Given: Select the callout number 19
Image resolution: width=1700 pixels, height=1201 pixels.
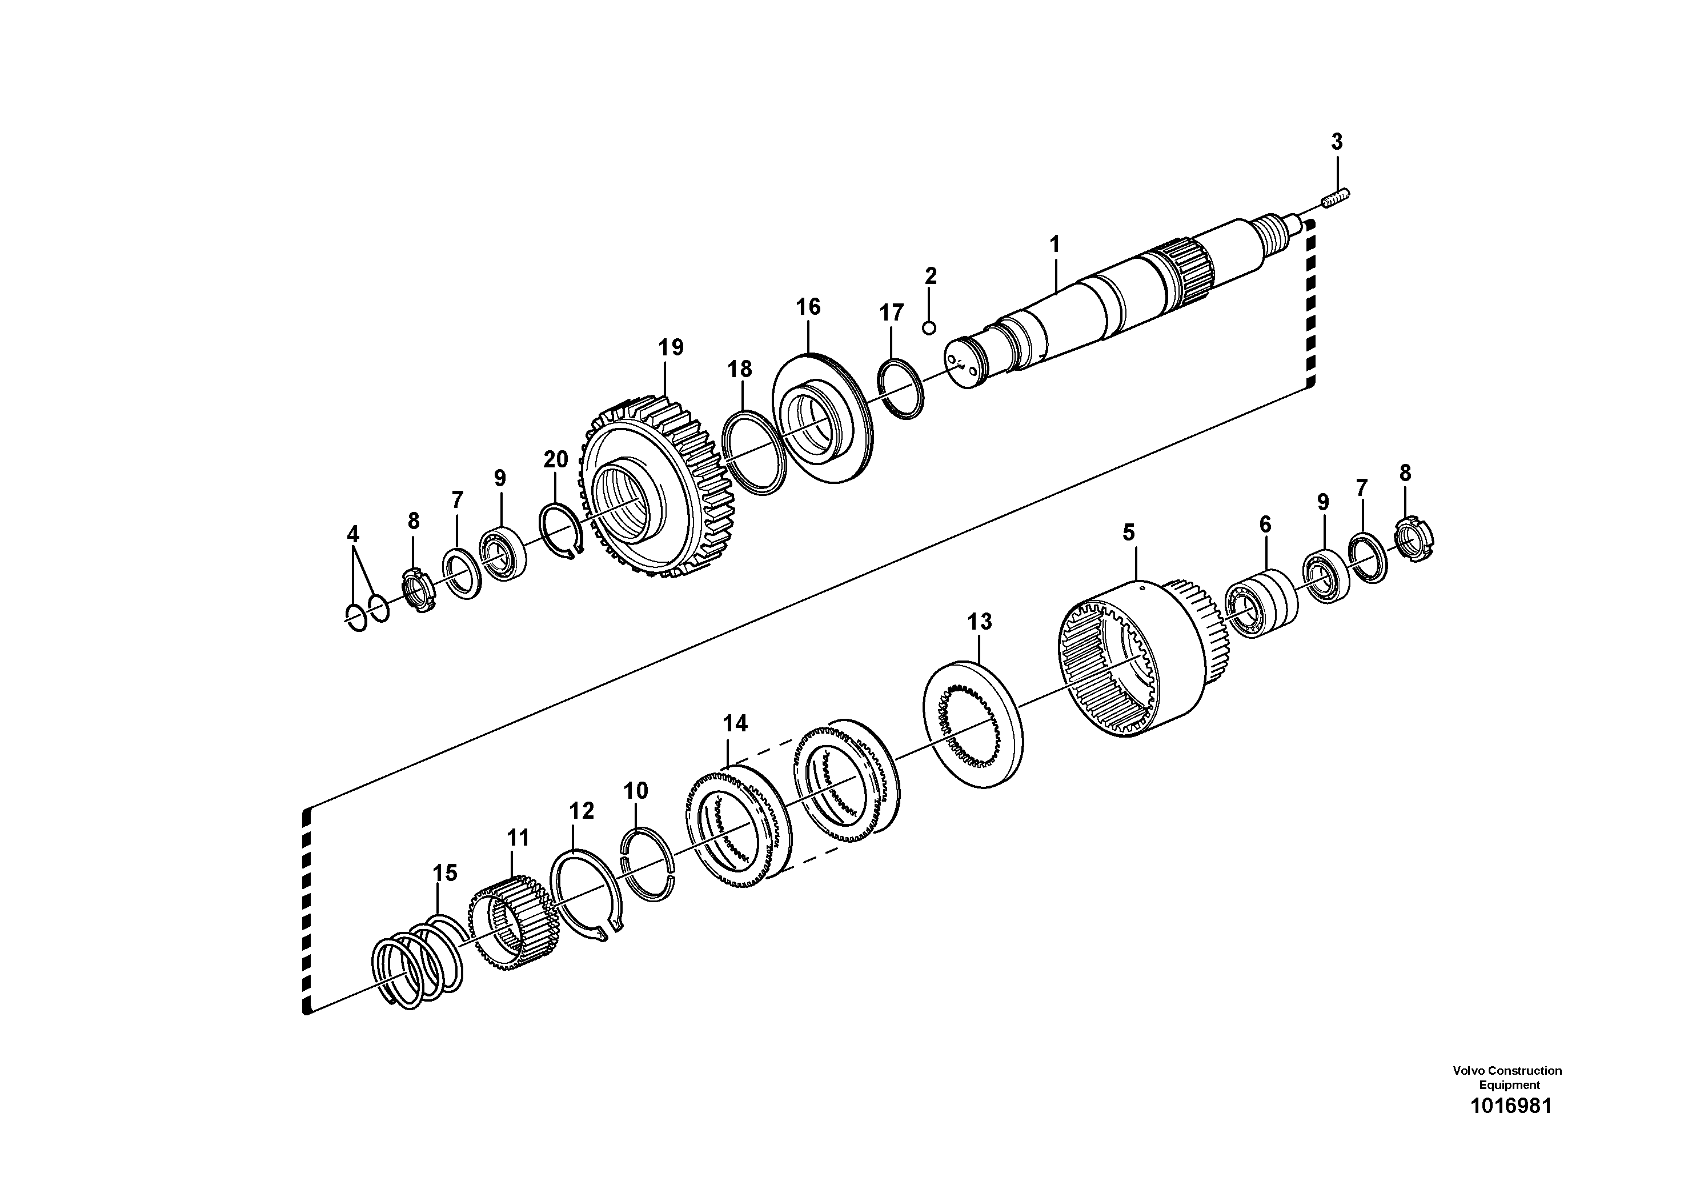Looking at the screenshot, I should [671, 347].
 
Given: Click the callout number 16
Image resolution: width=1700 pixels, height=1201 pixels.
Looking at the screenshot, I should [808, 307].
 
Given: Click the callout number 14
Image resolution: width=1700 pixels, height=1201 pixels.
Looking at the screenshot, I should [735, 723].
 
